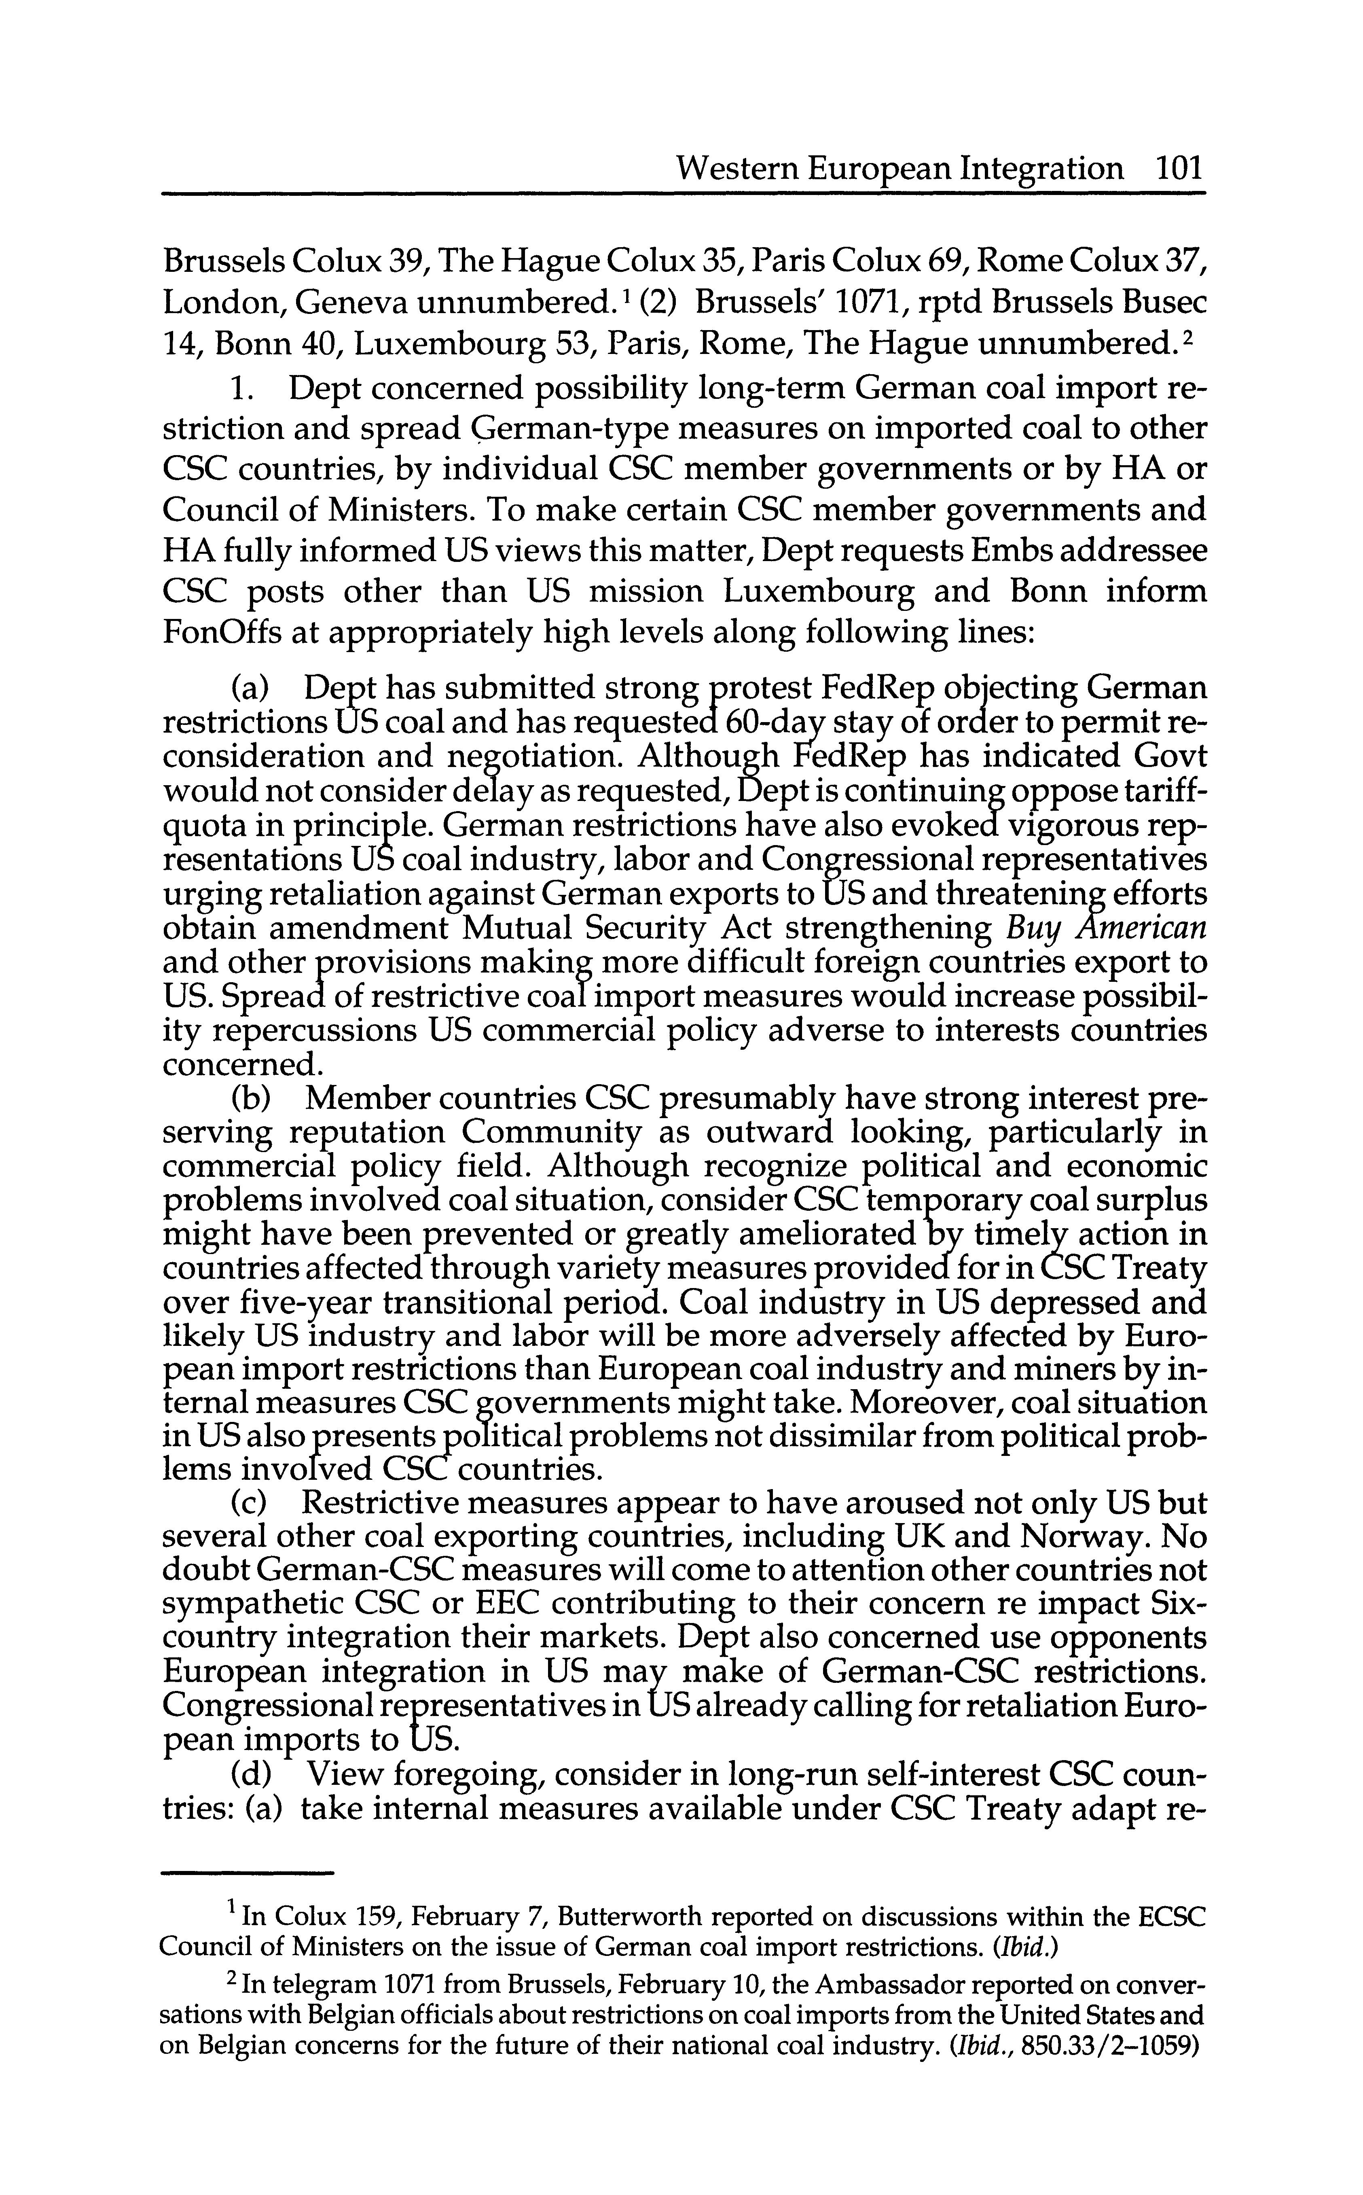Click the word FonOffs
click(230, 633)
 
